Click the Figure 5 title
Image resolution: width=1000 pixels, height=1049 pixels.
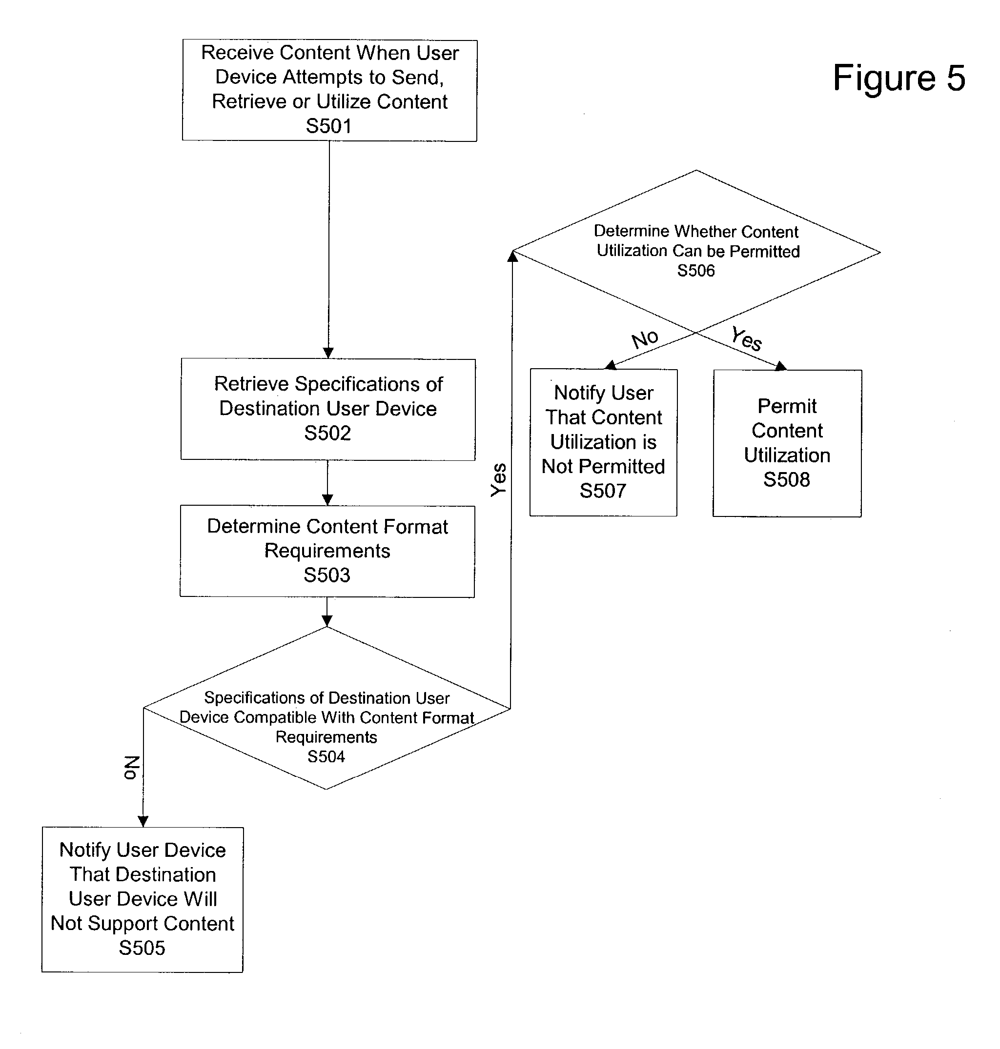tap(898, 78)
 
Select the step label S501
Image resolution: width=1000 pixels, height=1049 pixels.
tap(328, 126)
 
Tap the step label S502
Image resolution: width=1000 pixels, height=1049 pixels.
tap(327, 433)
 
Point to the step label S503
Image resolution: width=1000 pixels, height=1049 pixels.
tap(327, 575)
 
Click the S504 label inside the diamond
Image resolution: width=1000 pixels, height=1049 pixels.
tap(326, 756)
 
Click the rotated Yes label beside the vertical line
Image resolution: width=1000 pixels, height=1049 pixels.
tap(498, 479)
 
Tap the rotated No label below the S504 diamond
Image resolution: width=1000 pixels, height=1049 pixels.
tap(131, 768)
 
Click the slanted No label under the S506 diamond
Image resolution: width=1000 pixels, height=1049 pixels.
tap(645, 339)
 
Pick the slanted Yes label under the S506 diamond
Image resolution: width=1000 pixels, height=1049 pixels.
tap(746, 338)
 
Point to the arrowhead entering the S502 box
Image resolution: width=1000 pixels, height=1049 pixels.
tap(328, 353)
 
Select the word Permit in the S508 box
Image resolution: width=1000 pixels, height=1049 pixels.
tap(787, 406)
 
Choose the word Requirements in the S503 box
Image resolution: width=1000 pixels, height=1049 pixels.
tap(327, 551)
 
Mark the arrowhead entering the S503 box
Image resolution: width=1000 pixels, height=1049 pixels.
tap(327, 500)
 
